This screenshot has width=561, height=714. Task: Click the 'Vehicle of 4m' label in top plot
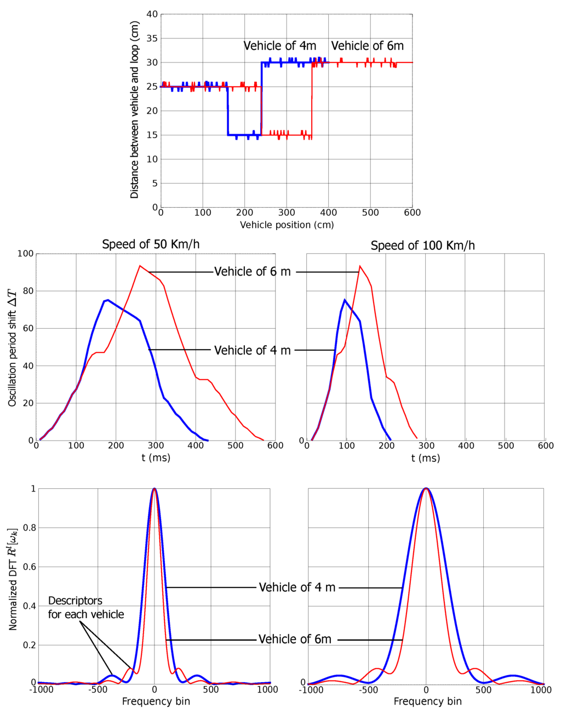(279, 46)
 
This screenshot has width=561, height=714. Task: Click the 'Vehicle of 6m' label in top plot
(367, 46)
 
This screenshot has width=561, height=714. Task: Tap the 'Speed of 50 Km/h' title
(151, 244)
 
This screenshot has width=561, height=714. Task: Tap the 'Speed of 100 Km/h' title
(422, 245)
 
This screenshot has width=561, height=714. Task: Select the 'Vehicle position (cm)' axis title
(287, 225)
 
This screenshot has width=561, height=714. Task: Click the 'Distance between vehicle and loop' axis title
(135, 110)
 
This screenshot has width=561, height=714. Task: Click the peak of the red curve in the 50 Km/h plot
(140, 266)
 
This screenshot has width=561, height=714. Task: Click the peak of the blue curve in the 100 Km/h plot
(344, 300)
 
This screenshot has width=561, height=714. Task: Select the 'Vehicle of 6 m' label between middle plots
(252, 272)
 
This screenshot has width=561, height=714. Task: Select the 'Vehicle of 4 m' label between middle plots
(252, 350)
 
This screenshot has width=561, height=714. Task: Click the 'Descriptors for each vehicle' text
(86, 608)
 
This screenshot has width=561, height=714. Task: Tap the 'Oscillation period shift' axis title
(13, 348)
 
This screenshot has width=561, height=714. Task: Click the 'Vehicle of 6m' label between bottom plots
(295, 639)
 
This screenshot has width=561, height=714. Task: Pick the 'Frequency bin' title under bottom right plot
(427, 701)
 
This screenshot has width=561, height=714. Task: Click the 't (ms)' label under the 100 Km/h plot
(426, 458)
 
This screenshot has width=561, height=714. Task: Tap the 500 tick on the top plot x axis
(370, 213)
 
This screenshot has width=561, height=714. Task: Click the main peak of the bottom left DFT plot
(154, 488)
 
